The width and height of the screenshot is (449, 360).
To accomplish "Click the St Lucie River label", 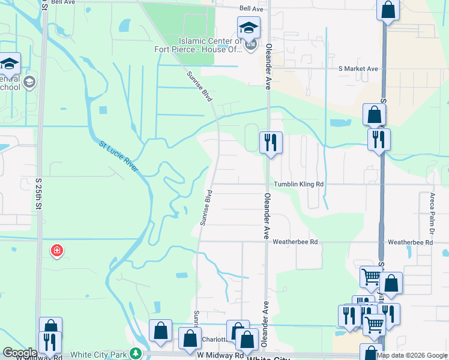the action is coord(119,157).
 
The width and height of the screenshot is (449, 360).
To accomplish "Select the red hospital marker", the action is coord(57,250).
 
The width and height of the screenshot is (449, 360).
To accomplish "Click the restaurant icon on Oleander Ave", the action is coord(270,142).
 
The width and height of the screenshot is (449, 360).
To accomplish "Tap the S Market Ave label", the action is coord(358,69).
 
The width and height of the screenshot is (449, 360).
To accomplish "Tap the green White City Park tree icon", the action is coord(137,354).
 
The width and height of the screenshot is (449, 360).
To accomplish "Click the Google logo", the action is coord(20,353).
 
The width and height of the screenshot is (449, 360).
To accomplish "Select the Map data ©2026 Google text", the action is coord(412,355).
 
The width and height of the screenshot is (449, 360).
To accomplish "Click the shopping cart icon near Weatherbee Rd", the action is coord(371,277).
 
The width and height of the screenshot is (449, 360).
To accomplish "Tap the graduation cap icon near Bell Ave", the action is coord(249,27).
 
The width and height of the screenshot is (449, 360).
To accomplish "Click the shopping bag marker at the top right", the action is coord(388,10).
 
